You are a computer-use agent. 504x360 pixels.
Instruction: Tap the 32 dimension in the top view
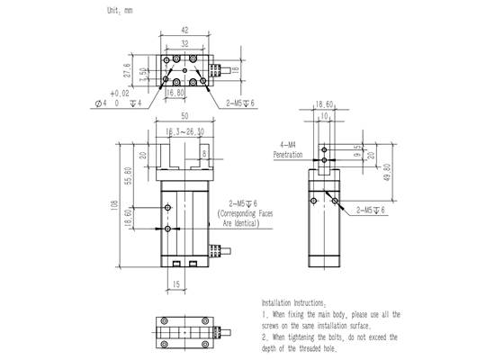(184, 43)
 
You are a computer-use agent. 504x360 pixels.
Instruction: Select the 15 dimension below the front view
(176, 284)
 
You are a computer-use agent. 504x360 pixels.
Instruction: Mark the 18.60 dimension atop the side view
(323, 104)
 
